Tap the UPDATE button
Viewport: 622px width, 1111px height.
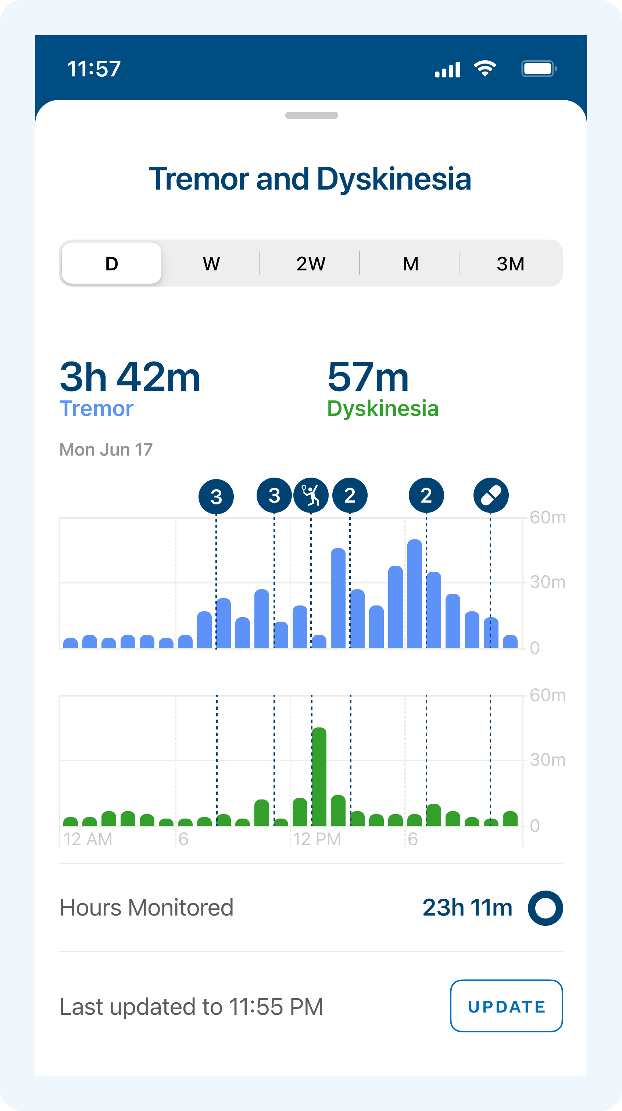click(x=506, y=1006)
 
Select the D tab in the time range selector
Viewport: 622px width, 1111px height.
click(x=111, y=263)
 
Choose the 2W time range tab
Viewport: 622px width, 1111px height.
click(x=310, y=263)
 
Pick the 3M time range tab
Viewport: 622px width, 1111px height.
click(x=510, y=263)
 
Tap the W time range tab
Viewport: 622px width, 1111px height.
click(x=211, y=263)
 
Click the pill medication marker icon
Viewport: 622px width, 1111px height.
click(x=491, y=495)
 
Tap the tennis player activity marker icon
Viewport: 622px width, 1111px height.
click(x=311, y=495)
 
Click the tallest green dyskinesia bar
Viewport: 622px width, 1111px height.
click(x=319, y=776)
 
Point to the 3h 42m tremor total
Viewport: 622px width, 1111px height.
click(x=130, y=377)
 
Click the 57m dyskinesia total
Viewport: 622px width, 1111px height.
click(x=368, y=377)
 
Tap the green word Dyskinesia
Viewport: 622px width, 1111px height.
click(x=382, y=408)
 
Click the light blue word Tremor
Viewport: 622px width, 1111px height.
click(x=96, y=408)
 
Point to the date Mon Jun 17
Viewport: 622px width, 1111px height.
click(x=106, y=449)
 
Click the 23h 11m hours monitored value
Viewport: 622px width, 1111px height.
click(x=467, y=907)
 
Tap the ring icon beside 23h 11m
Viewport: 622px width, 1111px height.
click(x=545, y=908)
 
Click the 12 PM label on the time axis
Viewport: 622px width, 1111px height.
click(x=317, y=839)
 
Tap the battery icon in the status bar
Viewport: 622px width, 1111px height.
click(x=539, y=69)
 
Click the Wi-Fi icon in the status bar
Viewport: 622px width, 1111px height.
click(x=485, y=69)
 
